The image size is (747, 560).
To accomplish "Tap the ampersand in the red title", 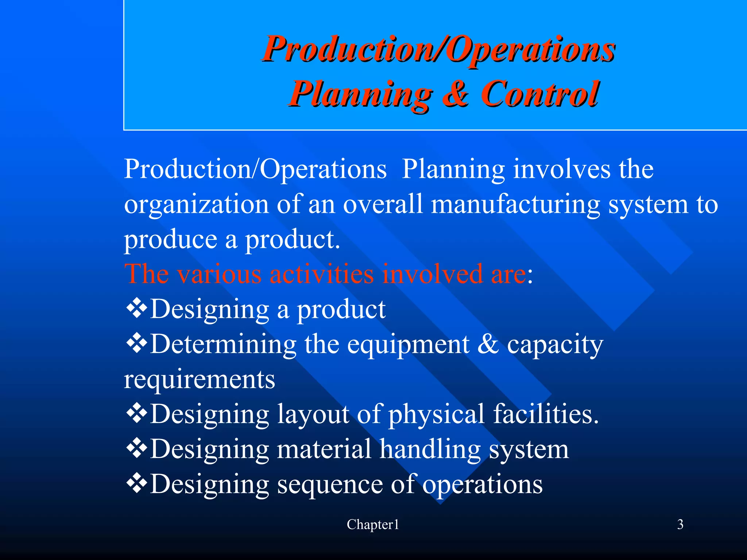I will click(456, 94).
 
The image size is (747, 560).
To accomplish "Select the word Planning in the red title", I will click(361, 94).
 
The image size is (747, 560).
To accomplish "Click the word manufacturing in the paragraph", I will click(515, 204).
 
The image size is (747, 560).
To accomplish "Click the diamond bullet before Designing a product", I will click(136, 308).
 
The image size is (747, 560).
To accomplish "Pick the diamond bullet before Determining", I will click(136, 343).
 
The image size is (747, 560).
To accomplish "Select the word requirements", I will click(199, 380).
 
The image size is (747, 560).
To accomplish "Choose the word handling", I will click(430, 449).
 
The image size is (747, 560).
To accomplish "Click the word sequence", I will click(330, 485).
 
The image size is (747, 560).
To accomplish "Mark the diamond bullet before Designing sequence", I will click(136, 483).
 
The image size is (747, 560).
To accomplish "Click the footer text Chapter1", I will click(373, 525).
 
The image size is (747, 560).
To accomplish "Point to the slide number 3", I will click(680, 525).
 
